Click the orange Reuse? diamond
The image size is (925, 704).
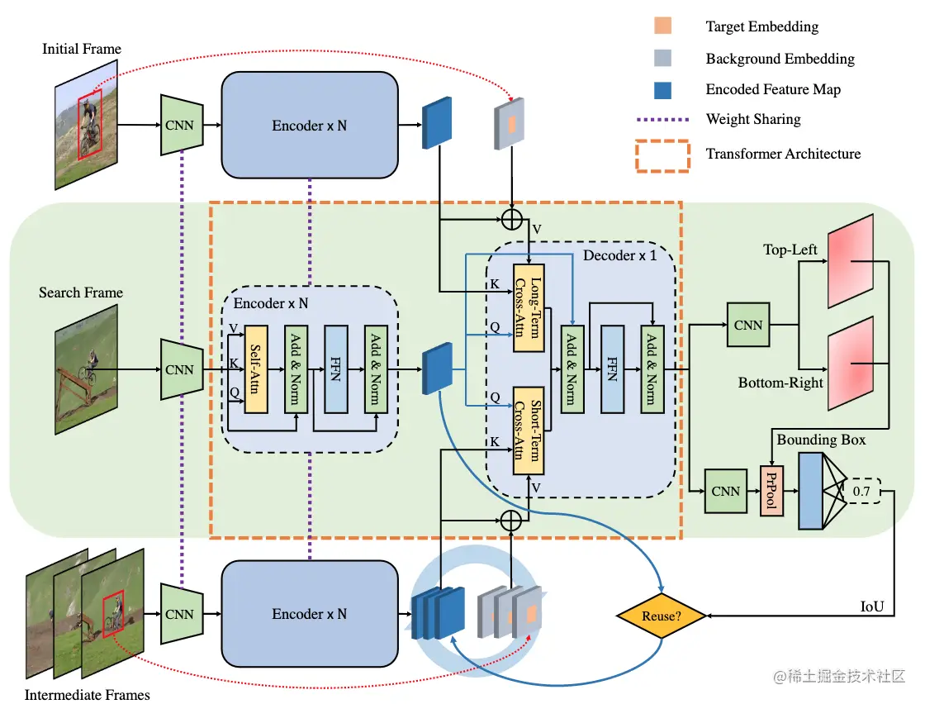pyautogui.click(x=662, y=616)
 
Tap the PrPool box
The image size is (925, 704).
pyautogui.click(x=771, y=491)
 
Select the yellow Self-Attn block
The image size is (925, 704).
pyautogui.click(x=256, y=369)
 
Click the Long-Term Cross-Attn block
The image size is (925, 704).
pyautogui.click(x=529, y=307)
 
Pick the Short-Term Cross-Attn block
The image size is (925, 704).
pyautogui.click(x=529, y=430)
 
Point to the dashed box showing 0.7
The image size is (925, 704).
pyautogui.click(x=862, y=491)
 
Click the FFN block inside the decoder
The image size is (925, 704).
pyautogui.click(x=612, y=369)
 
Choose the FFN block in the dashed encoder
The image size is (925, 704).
pyautogui.click(x=336, y=369)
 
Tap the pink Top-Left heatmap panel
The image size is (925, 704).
pyautogui.click(x=851, y=261)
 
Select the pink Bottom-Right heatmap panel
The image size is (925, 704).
pyautogui.click(x=851, y=364)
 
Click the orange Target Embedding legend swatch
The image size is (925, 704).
pyautogui.click(x=662, y=26)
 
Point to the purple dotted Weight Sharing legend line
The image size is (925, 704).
pyautogui.click(x=662, y=119)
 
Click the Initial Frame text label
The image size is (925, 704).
pyautogui.click(x=82, y=49)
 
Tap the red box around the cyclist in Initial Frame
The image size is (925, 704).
pyautogui.click(x=90, y=125)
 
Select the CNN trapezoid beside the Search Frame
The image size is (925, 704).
pyautogui.click(x=182, y=369)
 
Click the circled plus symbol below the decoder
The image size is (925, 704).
pyautogui.click(x=511, y=521)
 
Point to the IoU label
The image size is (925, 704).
pyautogui.click(x=872, y=606)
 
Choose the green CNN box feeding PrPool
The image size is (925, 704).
pyautogui.click(x=726, y=491)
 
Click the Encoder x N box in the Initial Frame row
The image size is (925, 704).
pyautogui.click(x=310, y=125)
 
